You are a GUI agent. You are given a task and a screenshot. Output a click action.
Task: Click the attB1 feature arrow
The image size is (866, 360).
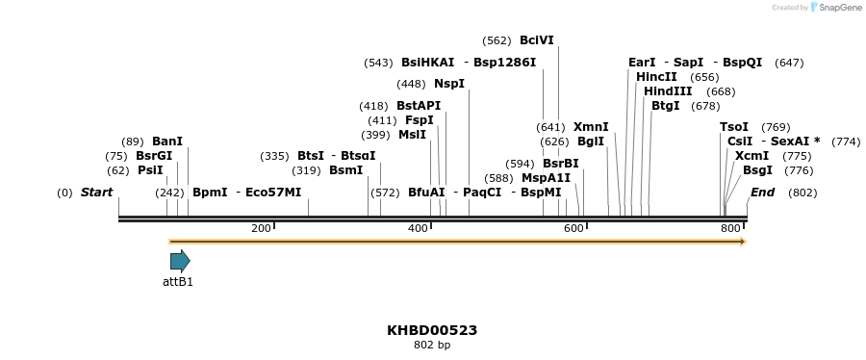[180, 260]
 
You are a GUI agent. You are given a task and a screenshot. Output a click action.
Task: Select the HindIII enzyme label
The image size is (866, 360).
[668, 91]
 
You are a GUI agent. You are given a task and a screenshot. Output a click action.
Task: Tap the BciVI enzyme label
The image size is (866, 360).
[537, 40]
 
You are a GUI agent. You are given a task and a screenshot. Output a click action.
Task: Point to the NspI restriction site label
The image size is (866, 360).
[449, 84]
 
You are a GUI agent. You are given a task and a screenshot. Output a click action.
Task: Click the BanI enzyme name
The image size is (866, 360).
[167, 141]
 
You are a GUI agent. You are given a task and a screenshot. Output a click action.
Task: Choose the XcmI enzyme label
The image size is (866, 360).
[751, 156]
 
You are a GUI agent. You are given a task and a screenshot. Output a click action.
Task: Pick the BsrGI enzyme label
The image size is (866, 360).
[154, 156]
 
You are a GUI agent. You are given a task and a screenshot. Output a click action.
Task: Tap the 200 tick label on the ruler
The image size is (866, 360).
[261, 228]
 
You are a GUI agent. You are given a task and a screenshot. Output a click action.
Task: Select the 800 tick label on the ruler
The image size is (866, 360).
[730, 228]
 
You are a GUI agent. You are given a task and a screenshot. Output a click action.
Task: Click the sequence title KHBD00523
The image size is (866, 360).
[432, 330]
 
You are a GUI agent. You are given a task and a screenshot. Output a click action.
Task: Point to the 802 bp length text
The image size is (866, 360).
[432, 345]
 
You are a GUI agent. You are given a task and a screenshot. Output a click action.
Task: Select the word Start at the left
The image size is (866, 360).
[96, 193]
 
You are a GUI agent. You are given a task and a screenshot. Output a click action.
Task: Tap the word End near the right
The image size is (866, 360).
[763, 193]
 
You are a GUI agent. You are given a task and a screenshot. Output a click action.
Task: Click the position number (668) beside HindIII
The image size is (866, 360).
[721, 91]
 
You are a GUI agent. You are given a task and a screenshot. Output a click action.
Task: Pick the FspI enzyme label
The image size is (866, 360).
[420, 120]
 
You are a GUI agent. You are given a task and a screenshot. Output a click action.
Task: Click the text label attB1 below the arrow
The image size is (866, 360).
[178, 282]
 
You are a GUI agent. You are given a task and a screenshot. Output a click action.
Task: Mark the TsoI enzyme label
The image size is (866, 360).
[734, 127]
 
